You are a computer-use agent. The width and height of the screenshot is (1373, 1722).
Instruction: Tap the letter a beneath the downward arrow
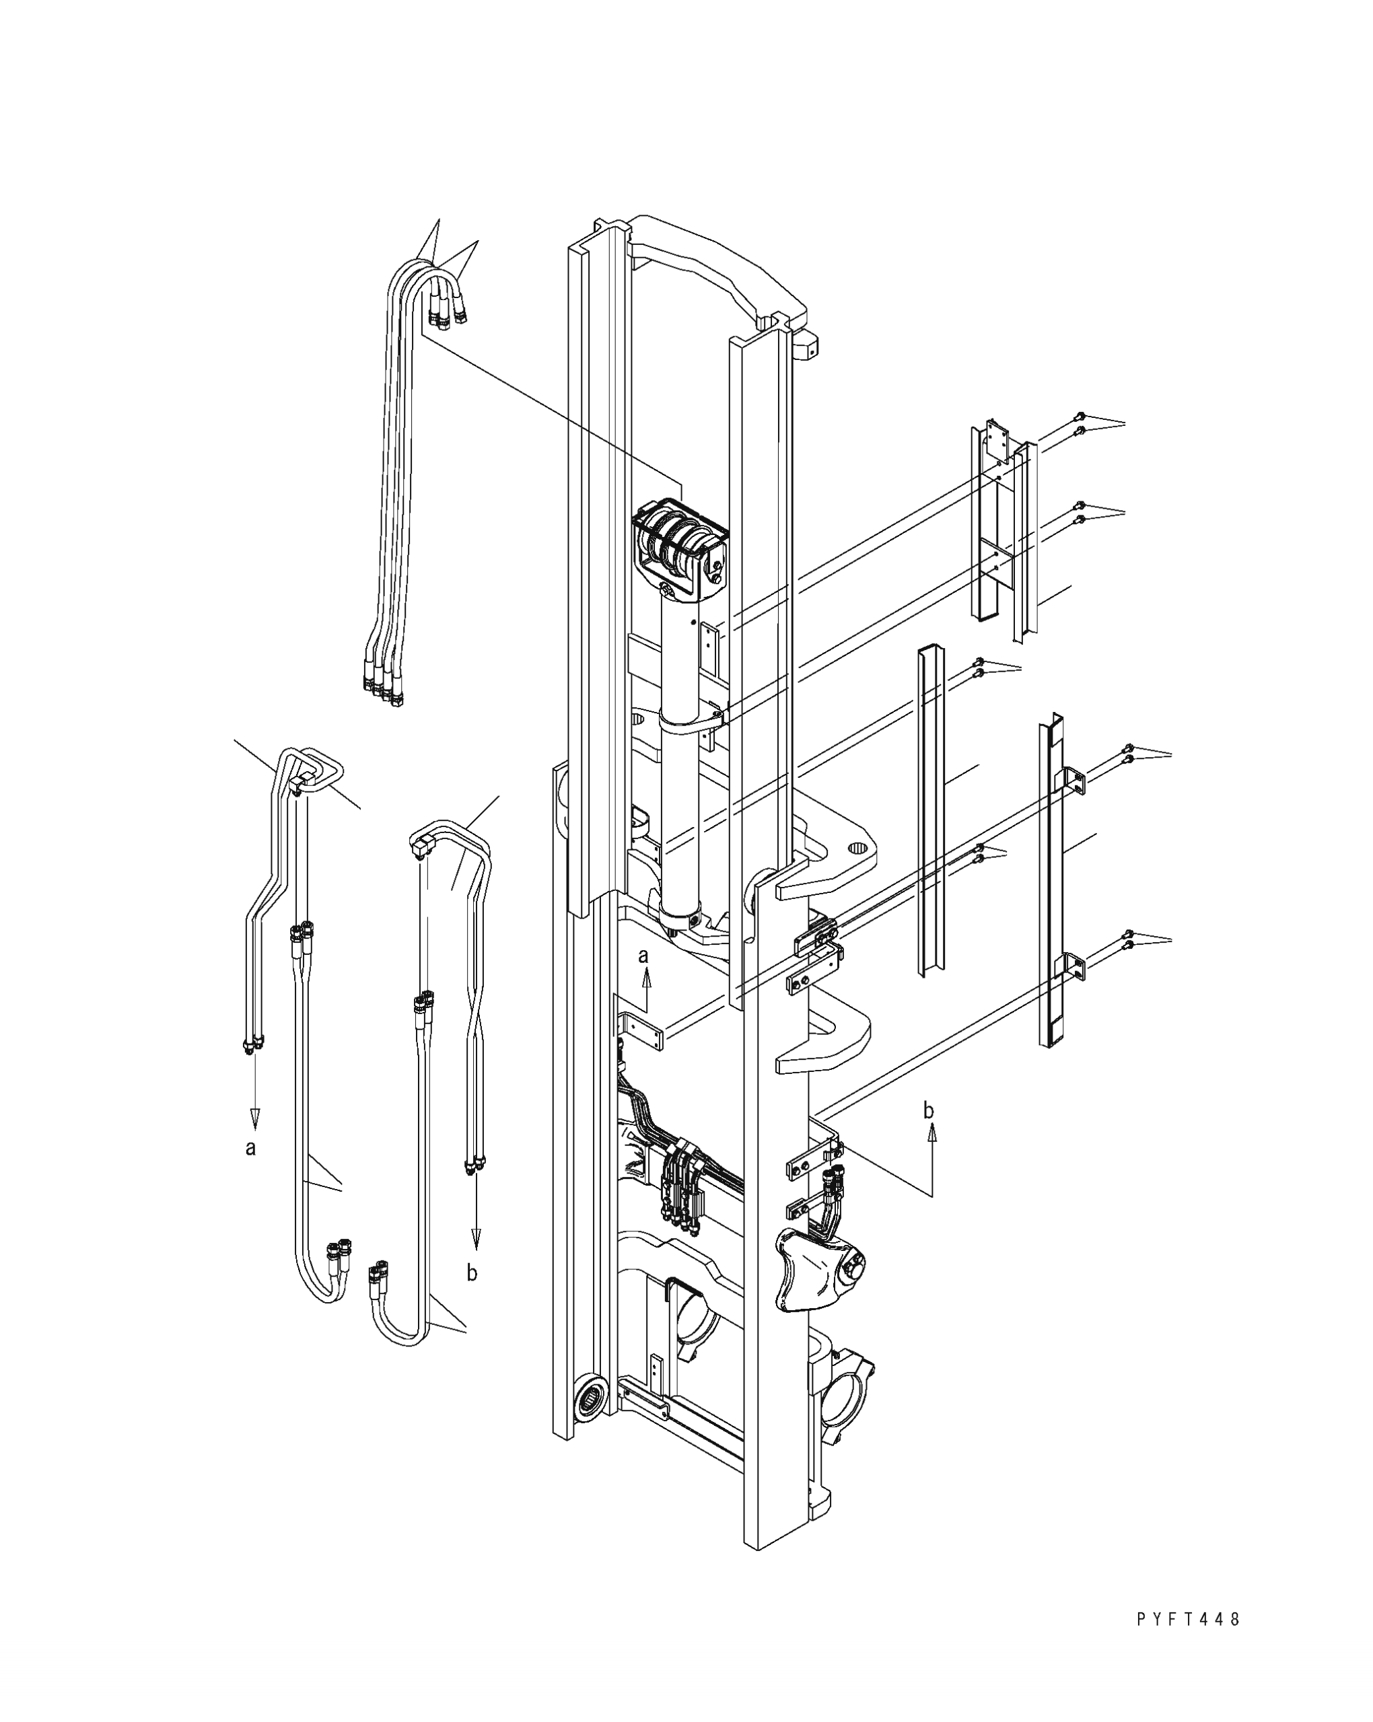(x=251, y=1149)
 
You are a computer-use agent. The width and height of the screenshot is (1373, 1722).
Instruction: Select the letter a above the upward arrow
(x=644, y=956)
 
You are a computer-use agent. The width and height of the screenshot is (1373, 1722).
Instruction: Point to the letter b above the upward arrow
(x=928, y=1110)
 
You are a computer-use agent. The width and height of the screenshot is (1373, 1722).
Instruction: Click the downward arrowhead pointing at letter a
(x=254, y=1120)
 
